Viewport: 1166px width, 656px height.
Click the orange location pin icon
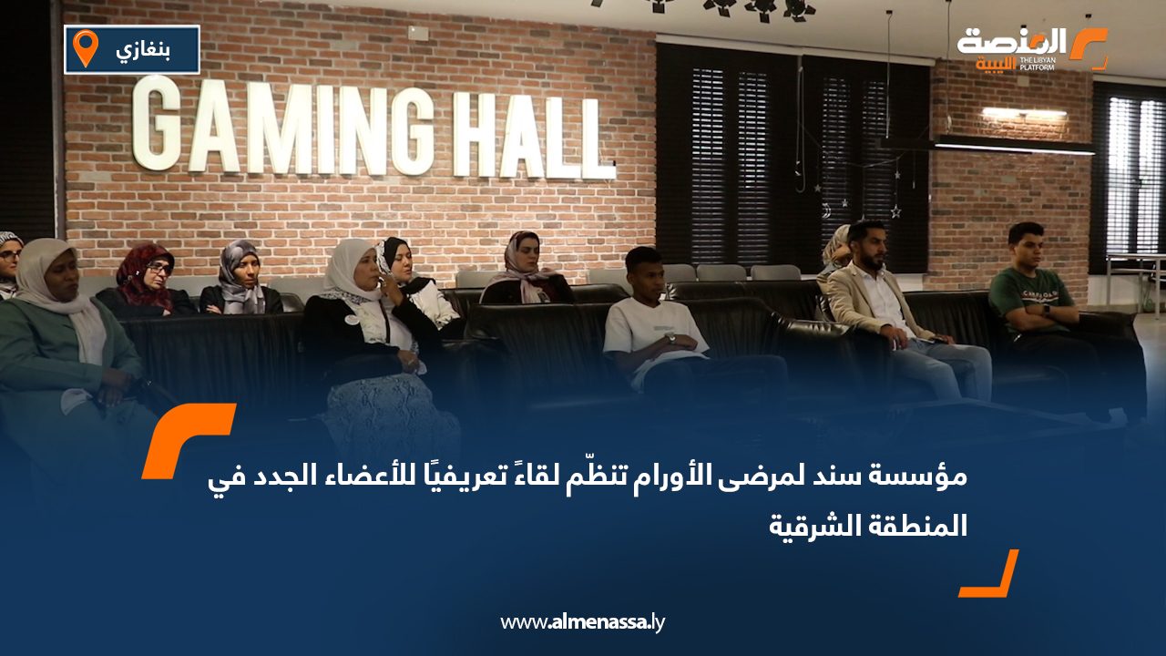(x=86, y=48)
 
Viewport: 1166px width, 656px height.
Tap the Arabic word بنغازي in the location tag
(x=143, y=50)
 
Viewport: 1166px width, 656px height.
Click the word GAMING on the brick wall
(x=281, y=126)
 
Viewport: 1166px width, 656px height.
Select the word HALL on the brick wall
(x=535, y=137)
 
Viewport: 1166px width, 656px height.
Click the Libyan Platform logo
(x=1032, y=48)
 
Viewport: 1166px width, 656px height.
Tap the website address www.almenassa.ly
(x=582, y=622)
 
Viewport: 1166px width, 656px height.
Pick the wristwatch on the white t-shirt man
(x=671, y=338)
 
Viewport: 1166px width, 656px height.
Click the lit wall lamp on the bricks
(x=1024, y=112)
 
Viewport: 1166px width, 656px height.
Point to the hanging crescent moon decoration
(x=826, y=210)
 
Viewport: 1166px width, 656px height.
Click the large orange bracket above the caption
(x=189, y=440)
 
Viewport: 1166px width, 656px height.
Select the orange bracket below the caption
(x=989, y=574)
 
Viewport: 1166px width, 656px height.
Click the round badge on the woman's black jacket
(x=353, y=319)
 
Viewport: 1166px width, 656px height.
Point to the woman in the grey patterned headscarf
(x=240, y=279)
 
